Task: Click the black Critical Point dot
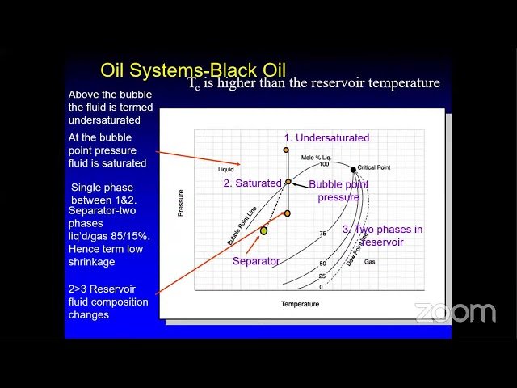(353, 169)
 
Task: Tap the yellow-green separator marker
(263, 230)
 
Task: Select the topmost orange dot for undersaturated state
(286, 150)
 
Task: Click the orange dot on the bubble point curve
(288, 182)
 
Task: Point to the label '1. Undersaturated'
(326, 137)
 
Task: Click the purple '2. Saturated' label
(252, 183)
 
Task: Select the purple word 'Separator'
(256, 261)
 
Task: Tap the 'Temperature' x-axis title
(300, 305)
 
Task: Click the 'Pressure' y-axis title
(180, 202)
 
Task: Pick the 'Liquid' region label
(225, 170)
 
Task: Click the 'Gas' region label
(370, 262)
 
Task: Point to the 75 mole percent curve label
(322, 234)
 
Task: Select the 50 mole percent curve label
(322, 264)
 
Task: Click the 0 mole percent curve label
(322, 287)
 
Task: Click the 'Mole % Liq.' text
(317, 156)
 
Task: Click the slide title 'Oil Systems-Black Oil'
(192, 70)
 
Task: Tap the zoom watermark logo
(455, 313)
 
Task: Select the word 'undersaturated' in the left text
(104, 120)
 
